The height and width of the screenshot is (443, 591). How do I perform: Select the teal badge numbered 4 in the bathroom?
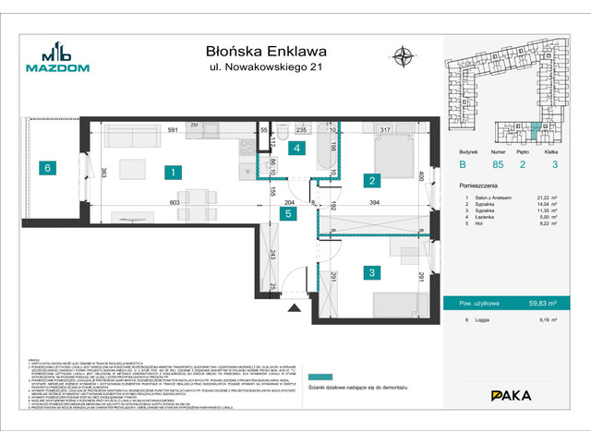[296, 148]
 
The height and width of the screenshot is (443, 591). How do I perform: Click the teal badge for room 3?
[369, 272]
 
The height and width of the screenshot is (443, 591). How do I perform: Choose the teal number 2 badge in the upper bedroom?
[369, 181]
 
